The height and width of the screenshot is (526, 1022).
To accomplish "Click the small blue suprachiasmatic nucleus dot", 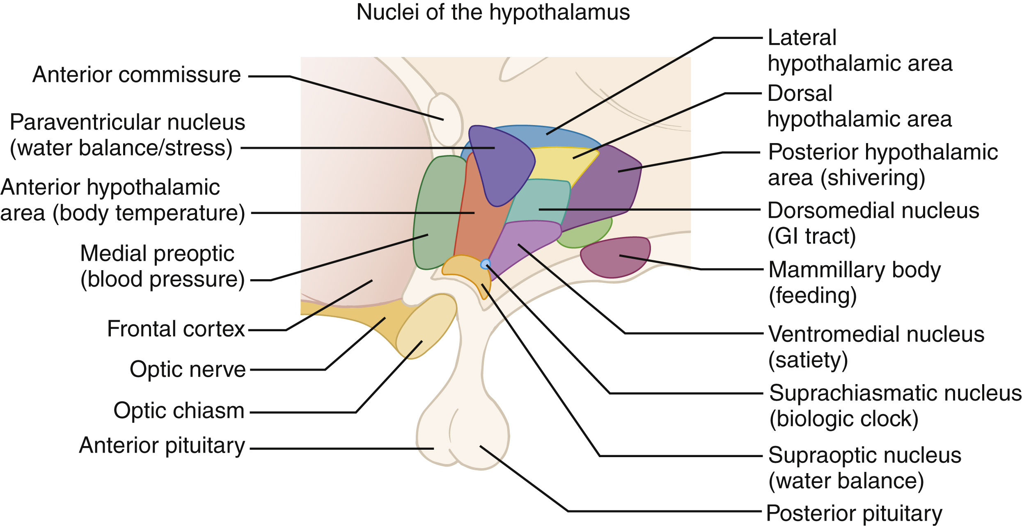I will [x=486, y=264].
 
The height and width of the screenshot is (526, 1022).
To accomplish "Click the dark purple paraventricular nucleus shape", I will [x=501, y=164].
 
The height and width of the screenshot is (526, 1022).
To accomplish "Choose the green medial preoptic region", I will [x=437, y=213].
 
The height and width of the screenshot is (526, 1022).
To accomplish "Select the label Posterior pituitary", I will [x=854, y=513].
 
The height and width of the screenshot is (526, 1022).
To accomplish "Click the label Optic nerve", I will [x=188, y=369].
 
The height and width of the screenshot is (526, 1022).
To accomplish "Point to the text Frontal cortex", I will [x=176, y=329].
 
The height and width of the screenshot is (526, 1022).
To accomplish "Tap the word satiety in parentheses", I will [x=808, y=360].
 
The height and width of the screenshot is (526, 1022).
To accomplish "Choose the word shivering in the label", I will [x=872, y=178].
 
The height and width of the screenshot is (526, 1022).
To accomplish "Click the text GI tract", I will [x=812, y=237].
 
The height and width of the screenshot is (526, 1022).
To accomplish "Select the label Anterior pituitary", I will [x=162, y=446].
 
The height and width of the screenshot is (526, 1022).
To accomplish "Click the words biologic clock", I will [x=843, y=419].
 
